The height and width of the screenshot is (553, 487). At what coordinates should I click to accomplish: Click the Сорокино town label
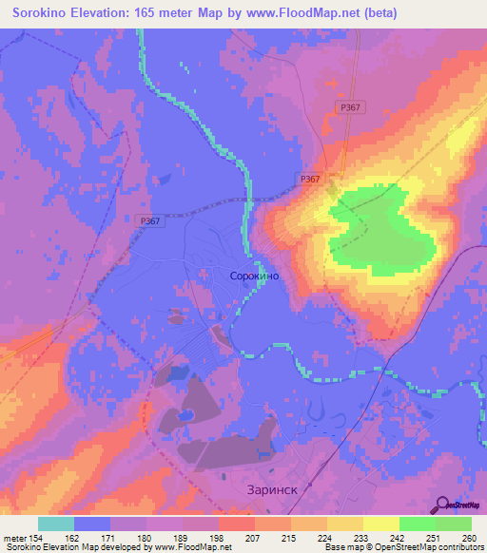254,275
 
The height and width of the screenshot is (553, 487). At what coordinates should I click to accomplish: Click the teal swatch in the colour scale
56,524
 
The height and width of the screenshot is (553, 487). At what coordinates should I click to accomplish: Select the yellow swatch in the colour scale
381,524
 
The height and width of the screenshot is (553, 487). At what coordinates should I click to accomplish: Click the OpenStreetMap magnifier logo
442,505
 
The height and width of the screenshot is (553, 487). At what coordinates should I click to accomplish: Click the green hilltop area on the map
380,233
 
